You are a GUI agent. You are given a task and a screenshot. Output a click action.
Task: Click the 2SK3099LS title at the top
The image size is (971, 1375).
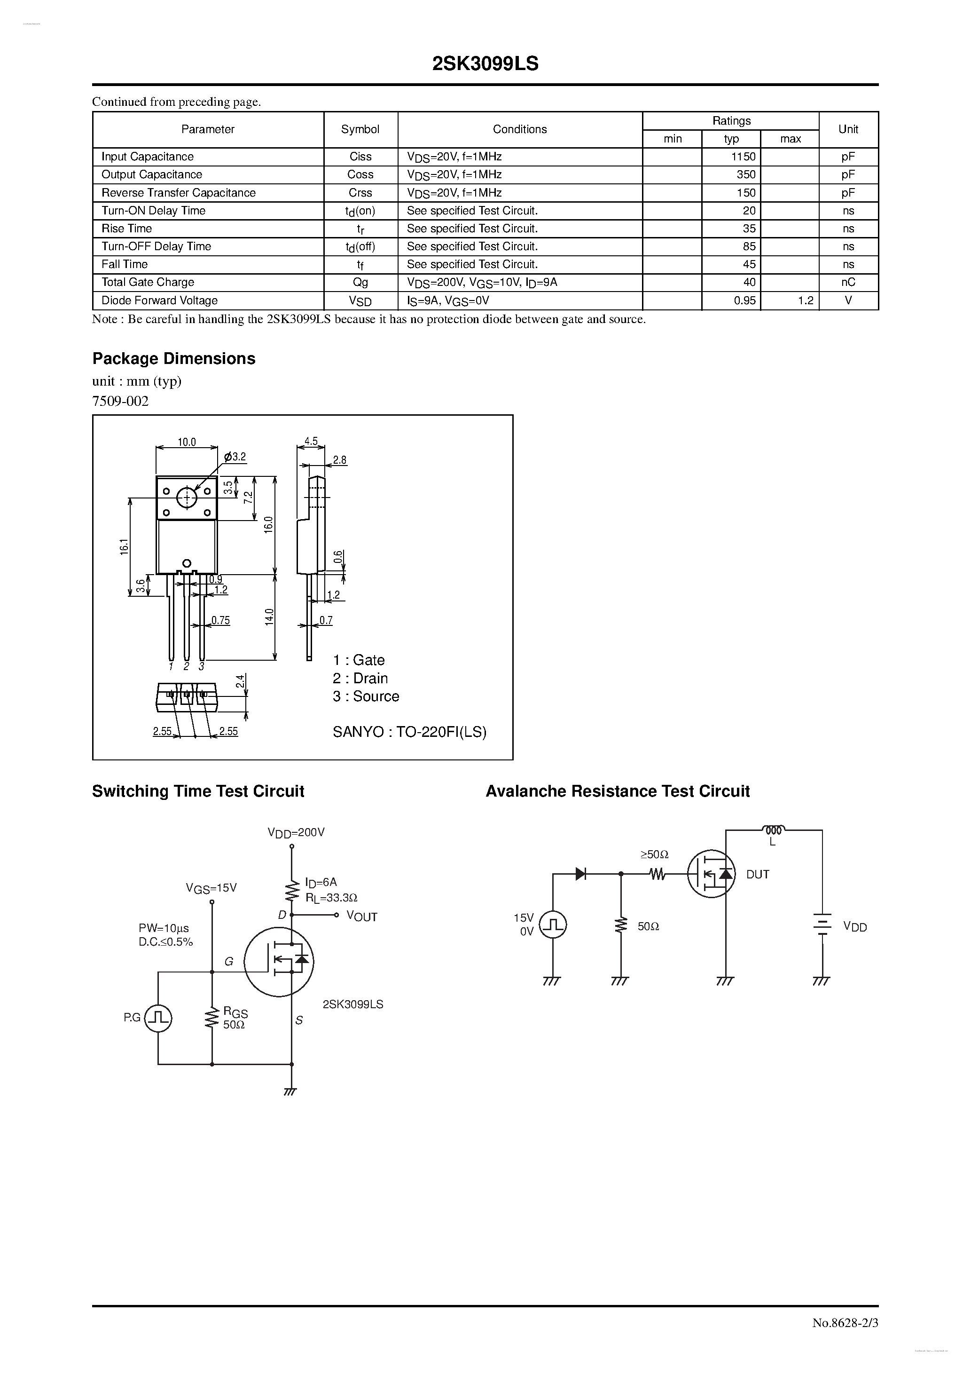click(x=485, y=64)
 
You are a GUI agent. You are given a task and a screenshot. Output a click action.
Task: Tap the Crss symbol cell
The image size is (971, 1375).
click(x=360, y=193)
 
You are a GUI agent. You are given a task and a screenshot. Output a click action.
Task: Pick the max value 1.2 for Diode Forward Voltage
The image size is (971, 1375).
click(x=805, y=300)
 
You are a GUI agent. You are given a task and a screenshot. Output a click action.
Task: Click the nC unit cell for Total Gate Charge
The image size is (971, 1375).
click(x=848, y=282)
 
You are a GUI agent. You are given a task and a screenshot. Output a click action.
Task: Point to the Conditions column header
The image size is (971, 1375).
click(x=520, y=129)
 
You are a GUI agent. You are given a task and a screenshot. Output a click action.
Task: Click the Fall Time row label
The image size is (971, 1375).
click(x=125, y=264)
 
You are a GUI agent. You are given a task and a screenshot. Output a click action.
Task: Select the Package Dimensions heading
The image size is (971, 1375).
click(x=173, y=359)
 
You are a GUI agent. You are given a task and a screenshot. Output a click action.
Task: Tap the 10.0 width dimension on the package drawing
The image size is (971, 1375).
click(x=187, y=442)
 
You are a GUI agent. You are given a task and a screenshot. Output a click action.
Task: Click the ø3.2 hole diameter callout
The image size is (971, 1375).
click(x=235, y=457)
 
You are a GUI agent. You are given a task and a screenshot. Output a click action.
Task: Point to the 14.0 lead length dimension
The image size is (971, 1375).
click(x=269, y=617)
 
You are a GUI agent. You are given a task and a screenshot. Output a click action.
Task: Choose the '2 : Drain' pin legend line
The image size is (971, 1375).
click(x=360, y=678)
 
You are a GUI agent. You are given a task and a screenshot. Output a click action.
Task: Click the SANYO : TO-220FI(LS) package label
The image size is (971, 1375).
click(x=409, y=732)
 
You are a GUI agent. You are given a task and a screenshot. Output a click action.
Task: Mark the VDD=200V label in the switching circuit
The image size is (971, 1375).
click(x=296, y=832)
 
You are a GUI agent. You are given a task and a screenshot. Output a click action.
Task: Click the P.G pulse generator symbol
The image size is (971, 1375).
click(x=159, y=1018)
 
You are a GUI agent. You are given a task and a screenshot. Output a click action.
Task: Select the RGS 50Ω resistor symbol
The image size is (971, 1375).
click(x=212, y=1018)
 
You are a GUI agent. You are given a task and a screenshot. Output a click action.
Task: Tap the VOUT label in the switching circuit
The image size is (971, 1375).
click(x=361, y=917)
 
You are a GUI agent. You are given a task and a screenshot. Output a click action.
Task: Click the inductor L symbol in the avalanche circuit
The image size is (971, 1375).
click(x=773, y=830)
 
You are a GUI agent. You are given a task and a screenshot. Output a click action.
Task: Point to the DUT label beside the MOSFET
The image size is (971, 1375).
click(x=757, y=874)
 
